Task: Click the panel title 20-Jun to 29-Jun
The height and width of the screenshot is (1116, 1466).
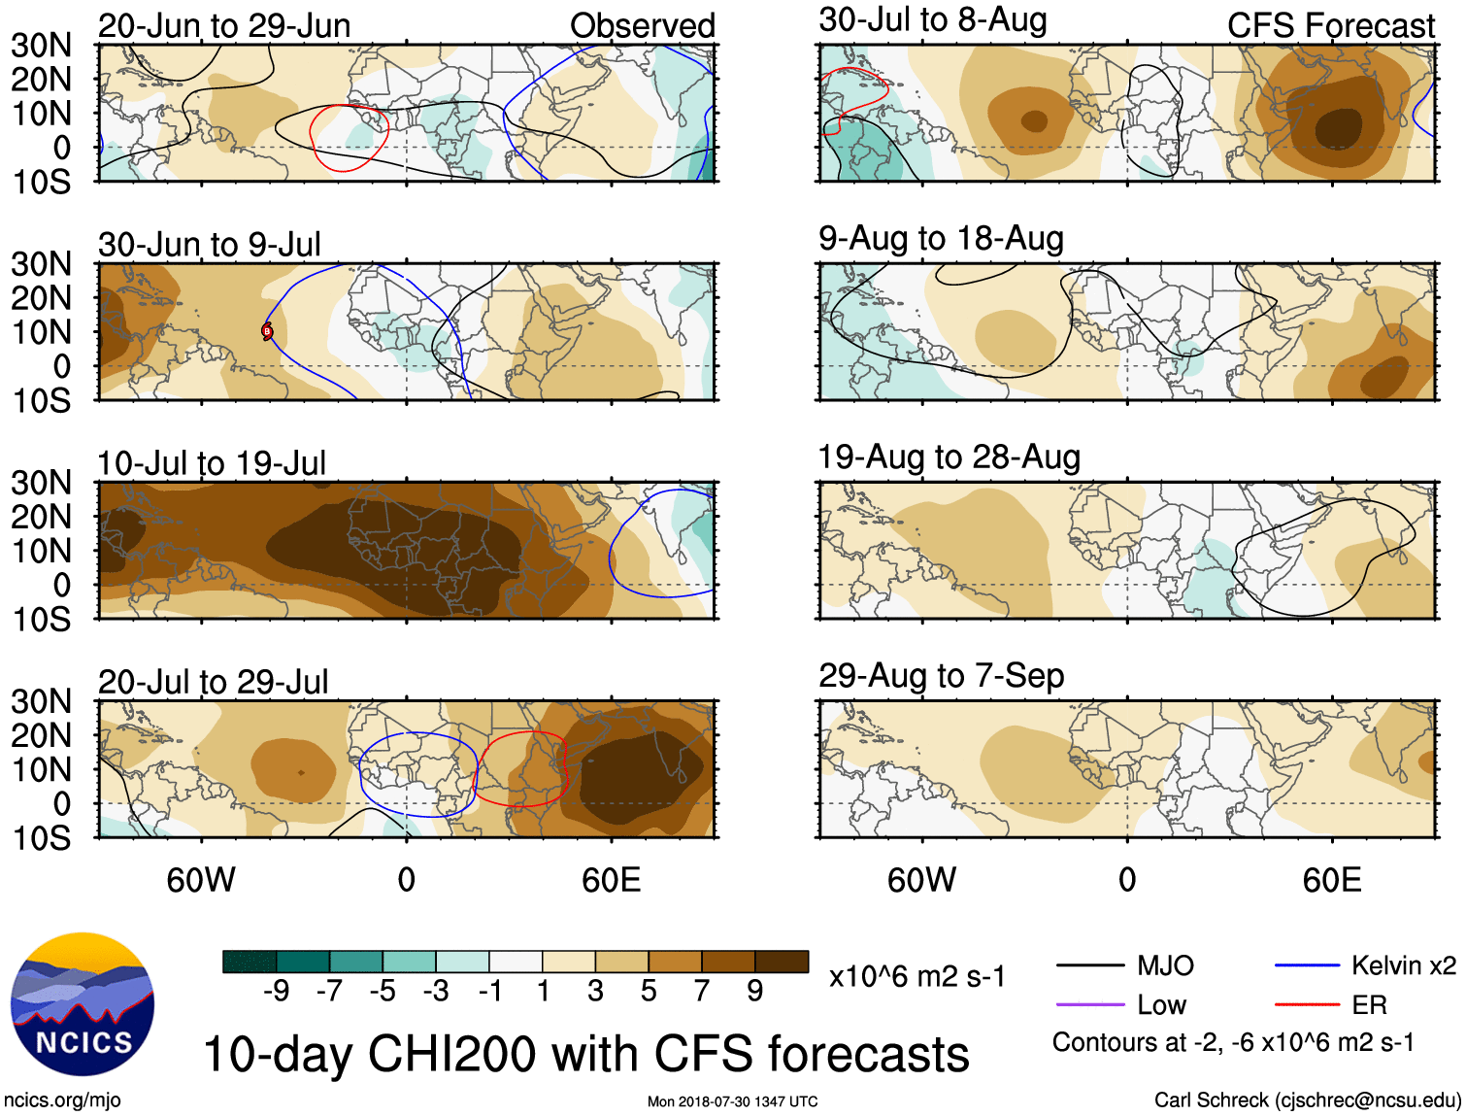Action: (224, 26)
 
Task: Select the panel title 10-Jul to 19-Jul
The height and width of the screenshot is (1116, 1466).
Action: (212, 463)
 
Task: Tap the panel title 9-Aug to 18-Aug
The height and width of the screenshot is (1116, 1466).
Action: (941, 239)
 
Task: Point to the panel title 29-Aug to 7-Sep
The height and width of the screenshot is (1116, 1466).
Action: (941, 676)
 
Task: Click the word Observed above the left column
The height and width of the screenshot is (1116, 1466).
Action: (642, 26)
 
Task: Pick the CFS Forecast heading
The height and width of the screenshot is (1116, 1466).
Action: (1330, 26)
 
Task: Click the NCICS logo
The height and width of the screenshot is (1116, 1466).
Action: (82, 1004)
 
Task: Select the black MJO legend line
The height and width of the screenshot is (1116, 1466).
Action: (1089, 965)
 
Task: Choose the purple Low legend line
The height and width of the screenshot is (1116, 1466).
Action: (1089, 1004)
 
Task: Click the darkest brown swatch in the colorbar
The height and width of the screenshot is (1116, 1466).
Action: (782, 962)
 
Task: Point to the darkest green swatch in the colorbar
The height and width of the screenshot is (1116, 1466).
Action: (250, 962)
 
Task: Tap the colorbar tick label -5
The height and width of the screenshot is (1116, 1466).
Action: (383, 991)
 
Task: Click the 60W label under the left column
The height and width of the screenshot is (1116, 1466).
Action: (201, 880)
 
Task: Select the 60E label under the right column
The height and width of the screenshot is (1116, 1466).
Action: (1332, 880)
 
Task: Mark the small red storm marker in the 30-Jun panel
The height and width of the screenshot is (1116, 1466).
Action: (267, 331)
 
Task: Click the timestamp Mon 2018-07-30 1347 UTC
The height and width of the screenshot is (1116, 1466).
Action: (732, 1101)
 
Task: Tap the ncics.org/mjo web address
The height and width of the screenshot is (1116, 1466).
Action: (62, 1100)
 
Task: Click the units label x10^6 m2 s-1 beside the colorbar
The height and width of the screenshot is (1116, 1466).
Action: (916, 976)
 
